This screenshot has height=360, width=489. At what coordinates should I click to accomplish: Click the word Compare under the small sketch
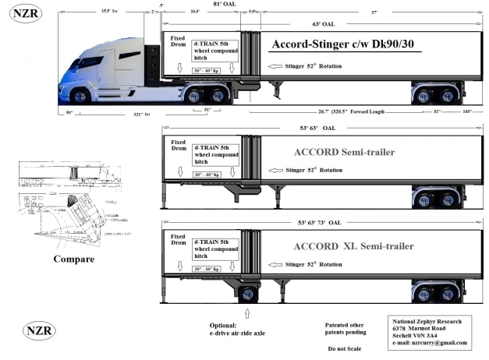74,258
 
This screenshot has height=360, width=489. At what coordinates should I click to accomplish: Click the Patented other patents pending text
344,327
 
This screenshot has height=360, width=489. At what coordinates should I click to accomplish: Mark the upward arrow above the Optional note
248,312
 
